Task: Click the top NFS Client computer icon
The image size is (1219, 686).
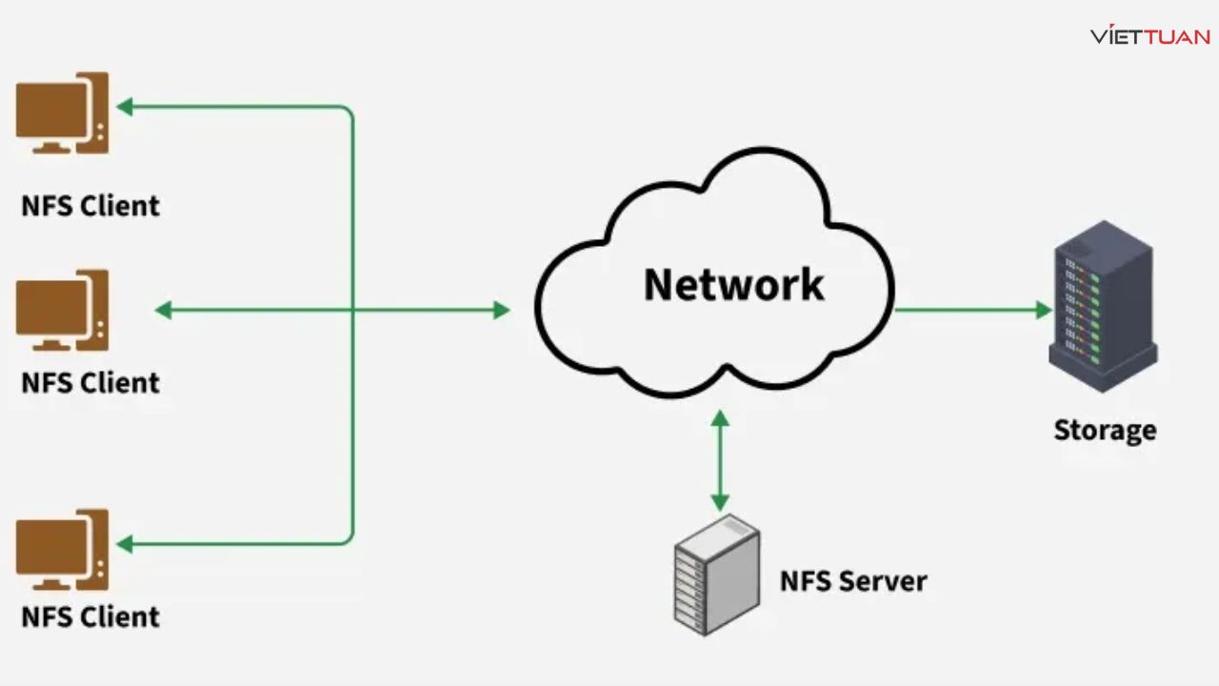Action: pyautogui.click(x=62, y=113)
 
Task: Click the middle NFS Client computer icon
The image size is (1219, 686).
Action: pyautogui.click(x=62, y=311)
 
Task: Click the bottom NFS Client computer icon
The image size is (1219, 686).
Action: pyautogui.click(x=62, y=550)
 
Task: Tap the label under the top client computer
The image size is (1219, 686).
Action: pyautogui.click(x=90, y=205)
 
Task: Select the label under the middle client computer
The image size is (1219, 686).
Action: pyautogui.click(x=90, y=382)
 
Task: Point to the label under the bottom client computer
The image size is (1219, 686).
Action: pyautogui.click(x=90, y=616)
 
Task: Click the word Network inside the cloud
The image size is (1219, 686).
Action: pyautogui.click(x=733, y=284)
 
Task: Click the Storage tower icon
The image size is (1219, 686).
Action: pyautogui.click(x=1102, y=306)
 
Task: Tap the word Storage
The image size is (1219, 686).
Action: pyautogui.click(x=1105, y=430)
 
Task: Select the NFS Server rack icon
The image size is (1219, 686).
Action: pyautogui.click(x=716, y=575)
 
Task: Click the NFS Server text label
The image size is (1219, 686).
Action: pyautogui.click(x=853, y=580)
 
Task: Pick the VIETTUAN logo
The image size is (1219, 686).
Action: pyautogui.click(x=1150, y=36)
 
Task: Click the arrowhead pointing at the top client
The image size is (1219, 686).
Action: pyautogui.click(x=124, y=107)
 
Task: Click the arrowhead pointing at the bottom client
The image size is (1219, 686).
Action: pyautogui.click(x=124, y=544)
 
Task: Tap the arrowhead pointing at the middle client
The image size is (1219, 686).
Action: pyautogui.click(x=163, y=310)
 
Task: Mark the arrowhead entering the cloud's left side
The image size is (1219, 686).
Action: pyautogui.click(x=502, y=310)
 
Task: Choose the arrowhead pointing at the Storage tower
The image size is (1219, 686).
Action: pyautogui.click(x=1044, y=310)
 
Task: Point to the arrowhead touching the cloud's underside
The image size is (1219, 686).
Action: pyautogui.click(x=720, y=417)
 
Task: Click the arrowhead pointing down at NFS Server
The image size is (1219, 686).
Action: pyautogui.click(x=720, y=502)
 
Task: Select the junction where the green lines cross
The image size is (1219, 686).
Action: pyautogui.click(x=353, y=310)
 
